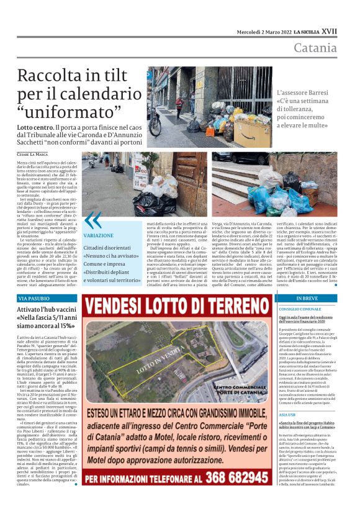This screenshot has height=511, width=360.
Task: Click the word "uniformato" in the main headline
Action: (x=72, y=113)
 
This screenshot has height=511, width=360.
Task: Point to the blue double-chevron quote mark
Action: (x=92, y=220)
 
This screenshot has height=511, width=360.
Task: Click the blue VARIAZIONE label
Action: (x=98, y=237)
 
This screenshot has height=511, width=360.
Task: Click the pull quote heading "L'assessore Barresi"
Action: (x=305, y=93)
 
